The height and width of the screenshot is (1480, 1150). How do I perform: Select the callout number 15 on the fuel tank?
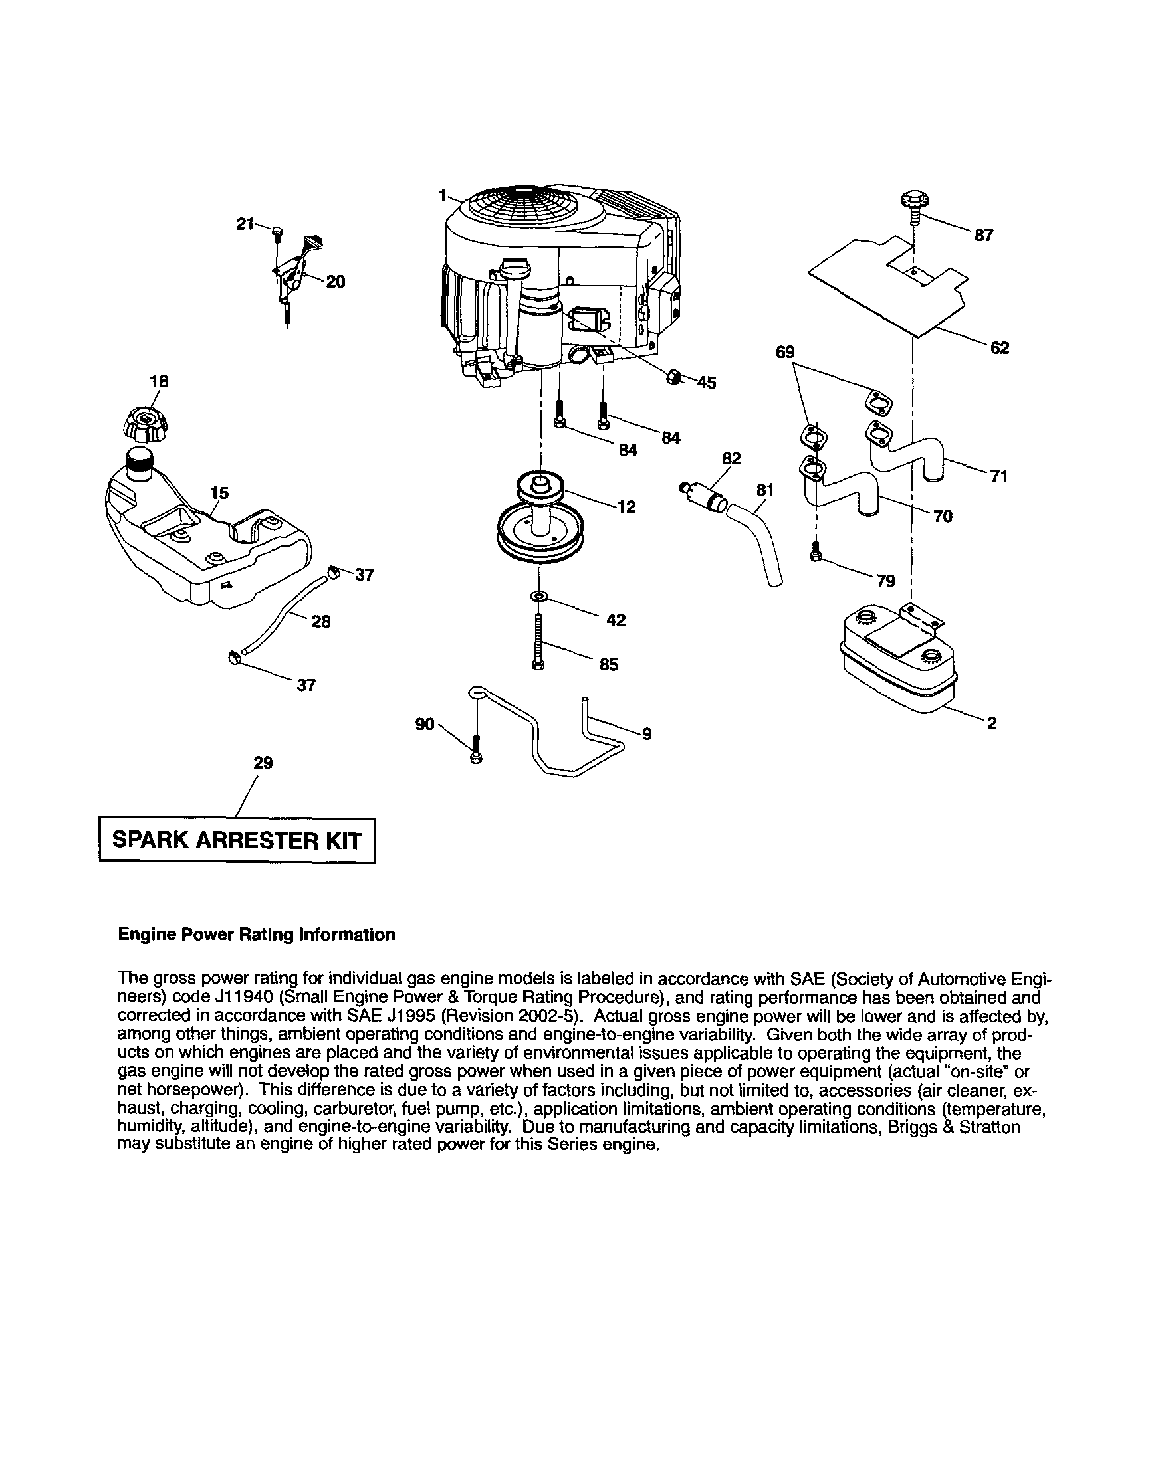(219, 493)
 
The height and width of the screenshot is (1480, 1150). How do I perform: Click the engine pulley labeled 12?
(541, 515)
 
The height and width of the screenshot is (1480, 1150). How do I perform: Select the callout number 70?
(943, 517)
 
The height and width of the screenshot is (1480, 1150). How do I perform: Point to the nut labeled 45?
(674, 377)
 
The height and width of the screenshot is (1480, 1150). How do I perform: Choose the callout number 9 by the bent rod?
(646, 733)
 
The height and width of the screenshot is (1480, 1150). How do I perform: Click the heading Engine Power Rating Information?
(257, 935)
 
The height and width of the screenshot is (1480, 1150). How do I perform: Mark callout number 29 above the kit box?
(263, 763)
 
